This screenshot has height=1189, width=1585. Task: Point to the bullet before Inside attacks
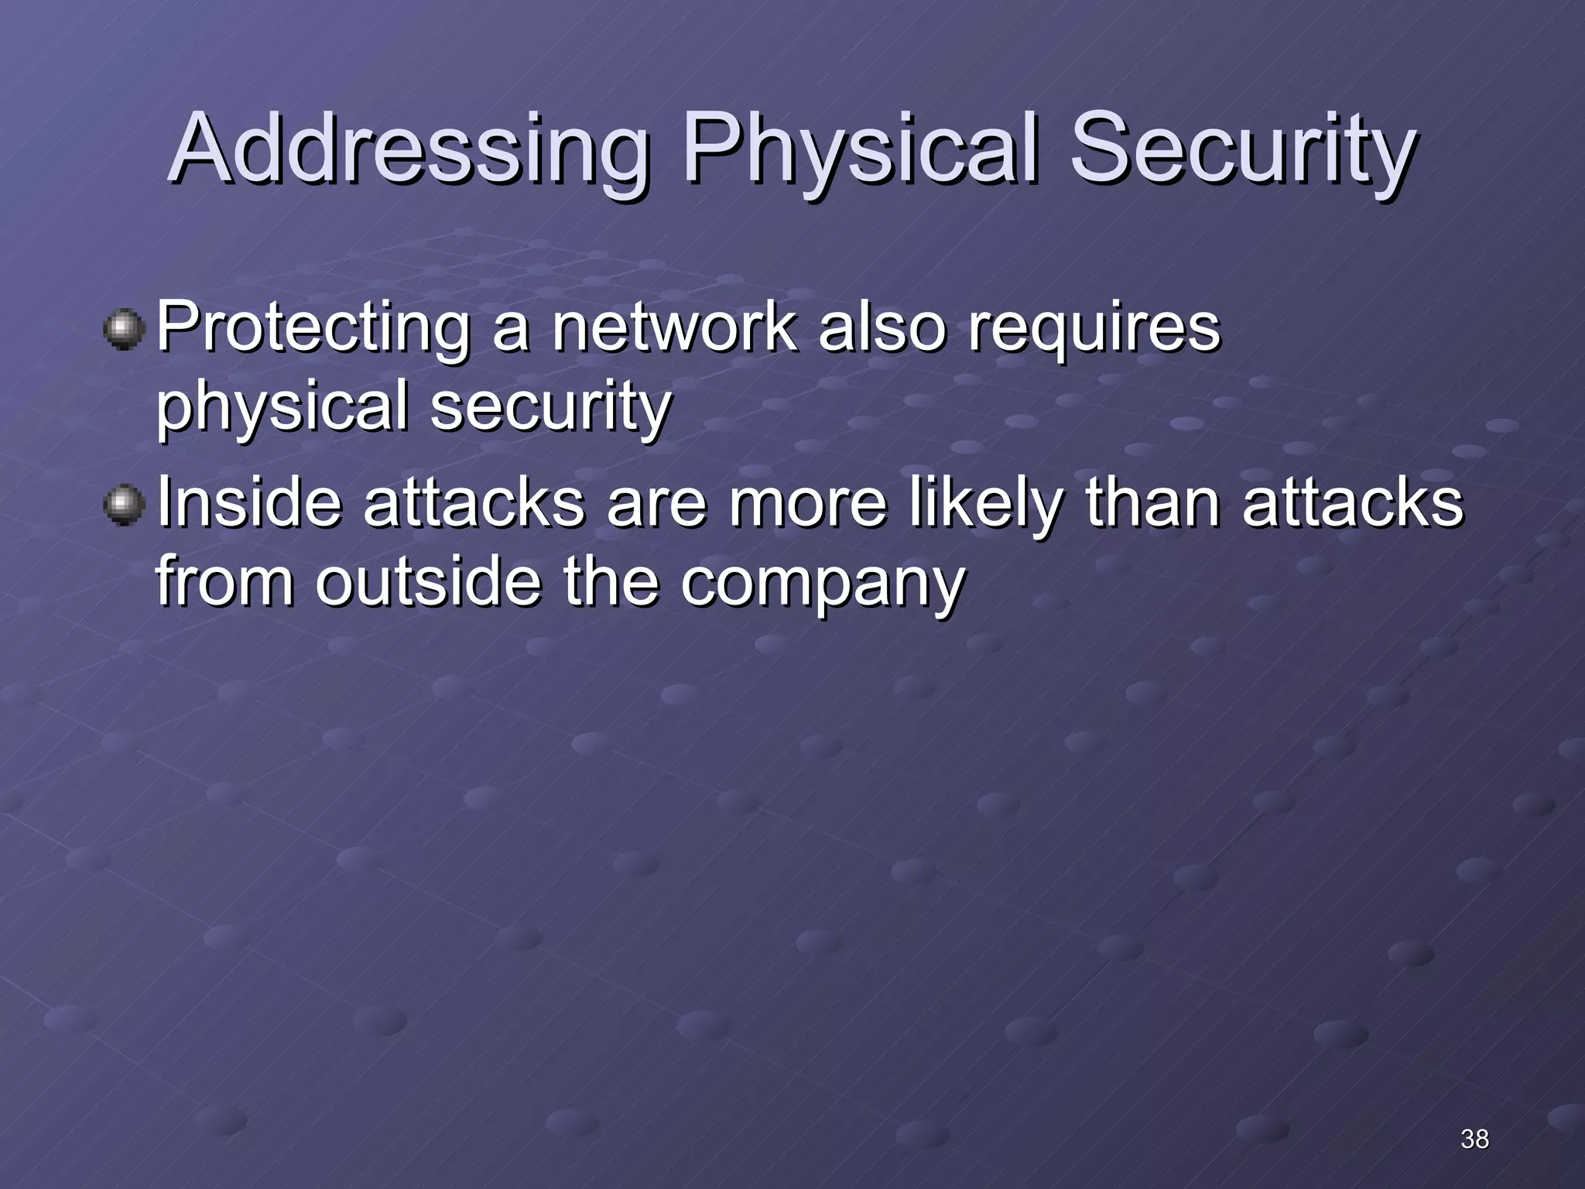click(124, 505)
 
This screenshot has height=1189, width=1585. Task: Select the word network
click(673, 327)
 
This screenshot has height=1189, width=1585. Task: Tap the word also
click(882, 327)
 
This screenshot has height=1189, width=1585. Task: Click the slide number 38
click(1474, 1139)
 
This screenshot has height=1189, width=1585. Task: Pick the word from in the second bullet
click(224, 581)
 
